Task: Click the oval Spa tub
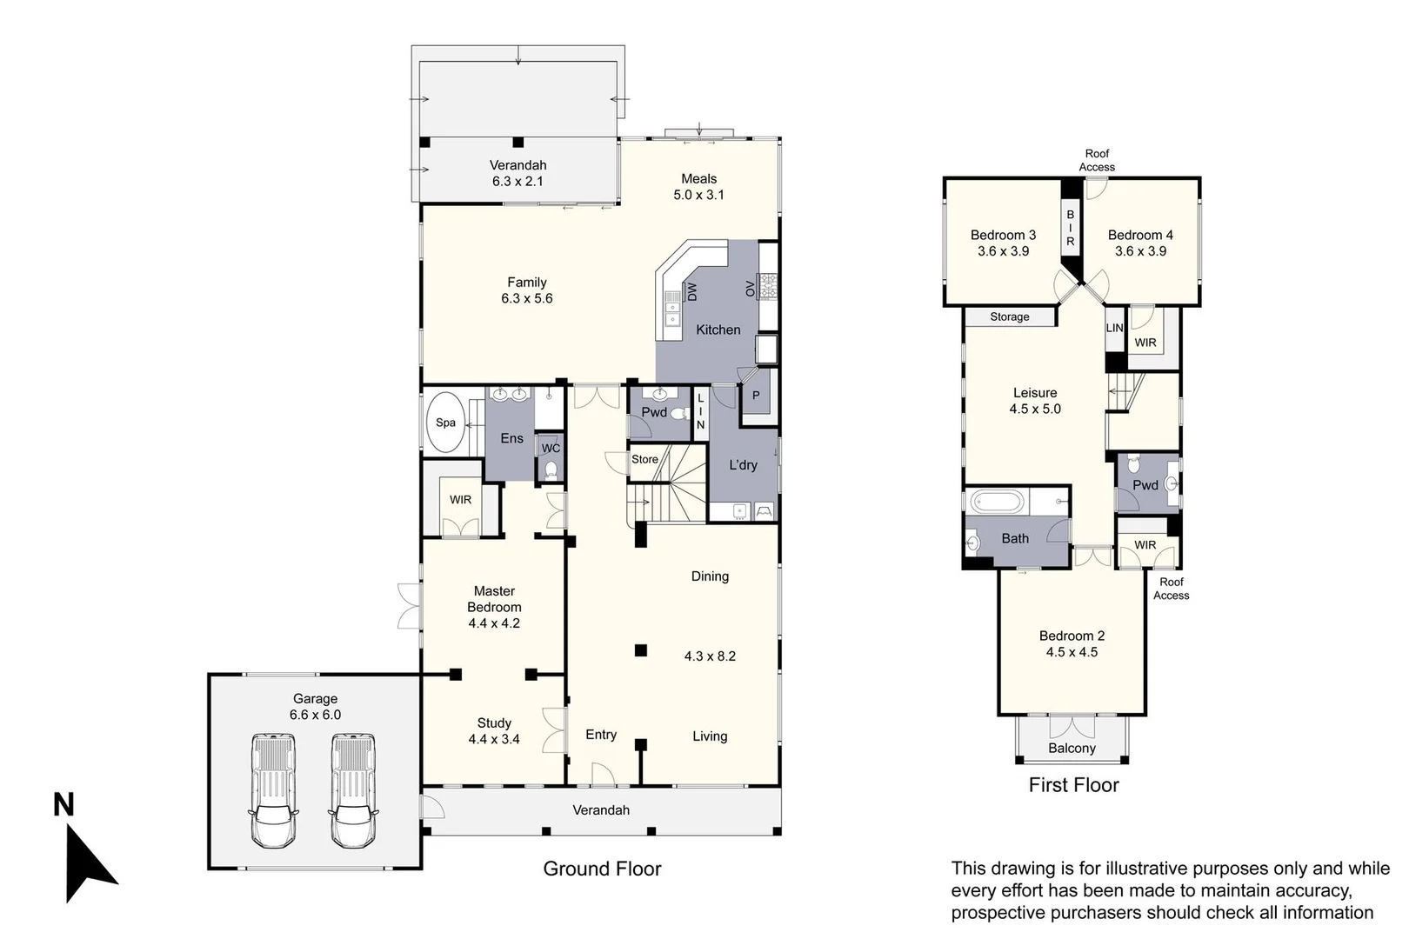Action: [446, 423]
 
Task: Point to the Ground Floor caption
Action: [602, 869]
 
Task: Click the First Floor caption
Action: [1073, 785]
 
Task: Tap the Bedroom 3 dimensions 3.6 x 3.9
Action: [1003, 251]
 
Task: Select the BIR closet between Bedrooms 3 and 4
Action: [1070, 228]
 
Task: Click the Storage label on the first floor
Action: [1009, 317]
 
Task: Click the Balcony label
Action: [1072, 748]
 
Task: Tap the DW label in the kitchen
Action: [692, 291]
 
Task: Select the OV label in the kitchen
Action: [750, 289]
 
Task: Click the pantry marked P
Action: [756, 396]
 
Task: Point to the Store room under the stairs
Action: [644, 459]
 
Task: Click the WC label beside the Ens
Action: [551, 449]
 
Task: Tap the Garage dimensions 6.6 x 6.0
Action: [315, 715]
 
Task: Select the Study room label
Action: [494, 723]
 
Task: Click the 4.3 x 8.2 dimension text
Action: [710, 656]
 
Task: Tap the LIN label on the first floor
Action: [1114, 328]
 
